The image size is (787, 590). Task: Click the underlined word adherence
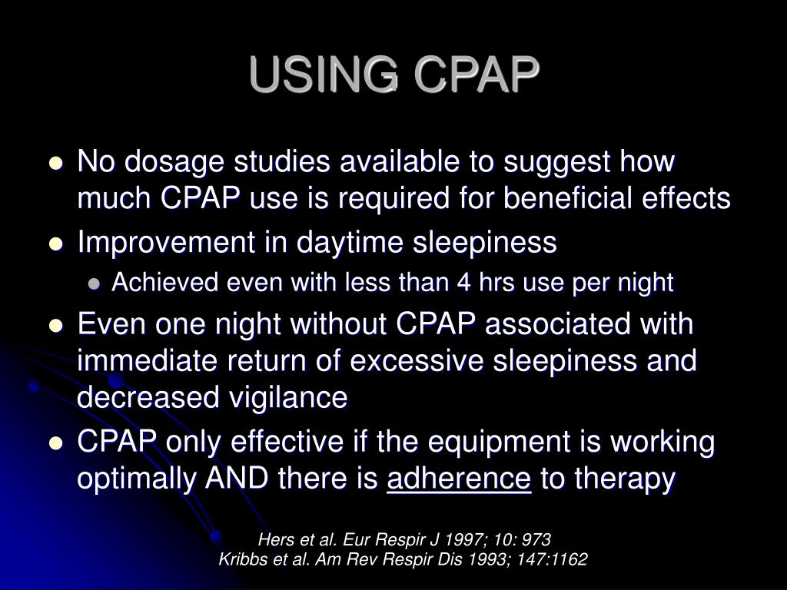(459, 479)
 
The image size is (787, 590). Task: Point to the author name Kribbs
(242, 559)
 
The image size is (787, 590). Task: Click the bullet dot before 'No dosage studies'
(55, 164)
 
